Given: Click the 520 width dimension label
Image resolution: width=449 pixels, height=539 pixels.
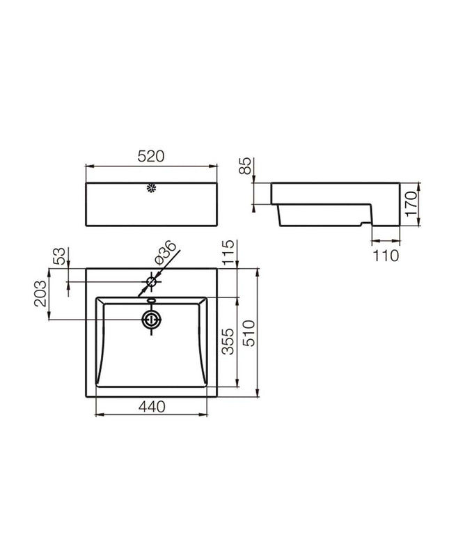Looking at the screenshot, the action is pyautogui.click(x=151, y=157).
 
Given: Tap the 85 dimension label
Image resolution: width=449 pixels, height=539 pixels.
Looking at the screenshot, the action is pyautogui.click(x=246, y=166).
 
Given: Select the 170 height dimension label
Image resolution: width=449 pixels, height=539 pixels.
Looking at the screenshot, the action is pyautogui.click(x=411, y=204).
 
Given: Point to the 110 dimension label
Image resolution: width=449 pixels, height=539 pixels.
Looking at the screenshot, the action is pyautogui.click(x=386, y=256).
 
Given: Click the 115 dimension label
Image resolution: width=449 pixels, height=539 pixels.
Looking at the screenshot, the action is pyautogui.click(x=228, y=253).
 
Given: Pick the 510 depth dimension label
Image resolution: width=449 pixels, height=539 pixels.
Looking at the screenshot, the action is pyautogui.click(x=249, y=333).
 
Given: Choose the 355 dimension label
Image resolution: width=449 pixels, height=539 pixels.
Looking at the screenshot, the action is pyautogui.click(x=228, y=342).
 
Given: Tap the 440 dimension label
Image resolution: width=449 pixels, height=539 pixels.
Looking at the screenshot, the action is pyautogui.click(x=152, y=407).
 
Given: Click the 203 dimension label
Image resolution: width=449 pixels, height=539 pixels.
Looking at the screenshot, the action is pyautogui.click(x=40, y=293).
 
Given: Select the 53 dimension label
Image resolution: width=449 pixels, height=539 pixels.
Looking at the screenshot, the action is pyautogui.click(x=58, y=256).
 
